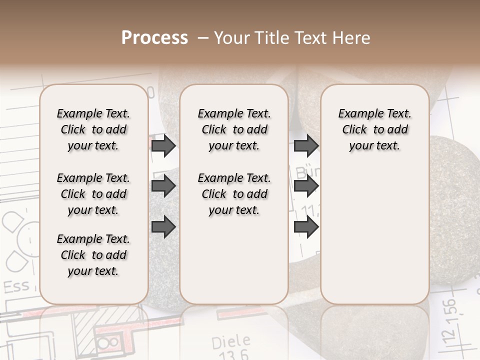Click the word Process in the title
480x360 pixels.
[154, 38]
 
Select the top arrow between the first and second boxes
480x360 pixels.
[163, 146]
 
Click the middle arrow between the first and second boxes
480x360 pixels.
[163, 186]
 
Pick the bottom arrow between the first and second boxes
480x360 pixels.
[163, 226]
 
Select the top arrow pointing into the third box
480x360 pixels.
[306, 146]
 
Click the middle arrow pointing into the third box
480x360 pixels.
[306, 186]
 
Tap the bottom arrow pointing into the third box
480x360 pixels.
[306, 226]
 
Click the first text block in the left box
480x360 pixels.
[93, 129]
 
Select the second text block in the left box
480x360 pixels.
[93, 194]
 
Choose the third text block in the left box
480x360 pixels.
[93, 255]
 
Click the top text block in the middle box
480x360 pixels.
[234, 129]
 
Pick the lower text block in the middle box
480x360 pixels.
[234, 194]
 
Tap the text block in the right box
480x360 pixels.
[374, 129]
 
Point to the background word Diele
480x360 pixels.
[231, 342]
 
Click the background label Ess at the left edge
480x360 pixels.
[16, 287]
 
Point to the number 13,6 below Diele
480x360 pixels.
[230, 354]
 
